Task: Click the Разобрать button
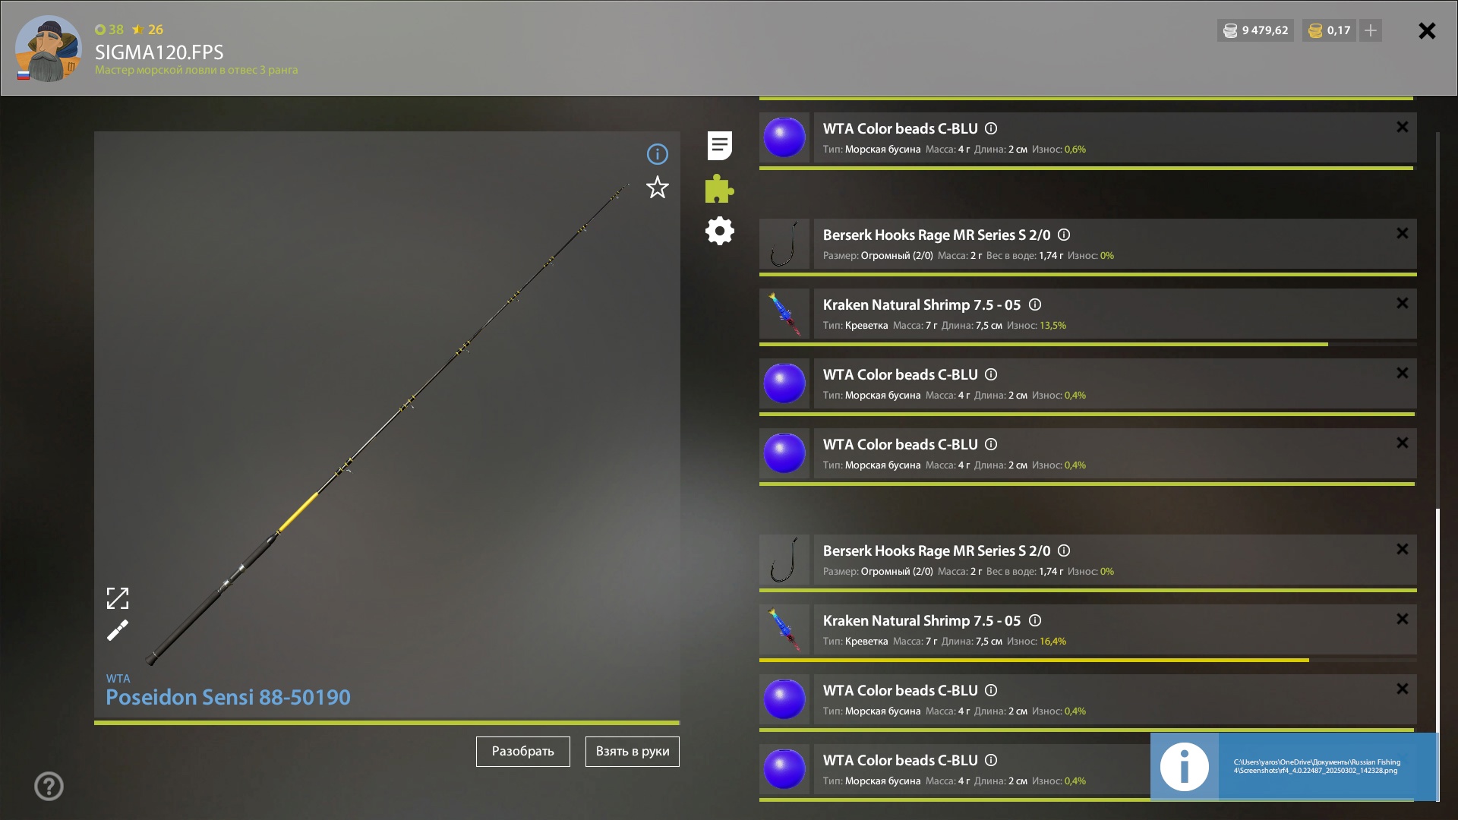pos(522,751)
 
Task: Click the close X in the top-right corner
pos(1427,30)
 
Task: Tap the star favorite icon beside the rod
pos(658,188)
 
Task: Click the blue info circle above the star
pos(658,154)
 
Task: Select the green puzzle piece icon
pos(719,188)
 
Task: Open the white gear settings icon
pos(719,231)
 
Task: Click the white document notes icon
pos(719,145)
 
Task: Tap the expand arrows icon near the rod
pos(118,598)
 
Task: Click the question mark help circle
pos(49,786)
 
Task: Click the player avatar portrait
pos(49,49)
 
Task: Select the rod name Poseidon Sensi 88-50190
pos(228,697)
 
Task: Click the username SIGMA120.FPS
pos(159,52)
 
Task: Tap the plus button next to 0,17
pos(1371,30)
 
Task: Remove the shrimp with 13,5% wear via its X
pos(1403,303)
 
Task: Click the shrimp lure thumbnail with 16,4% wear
pos(784,629)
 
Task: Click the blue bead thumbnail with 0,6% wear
pos(784,137)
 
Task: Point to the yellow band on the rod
pos(298,512)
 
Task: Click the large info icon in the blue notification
pos(1185,767)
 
